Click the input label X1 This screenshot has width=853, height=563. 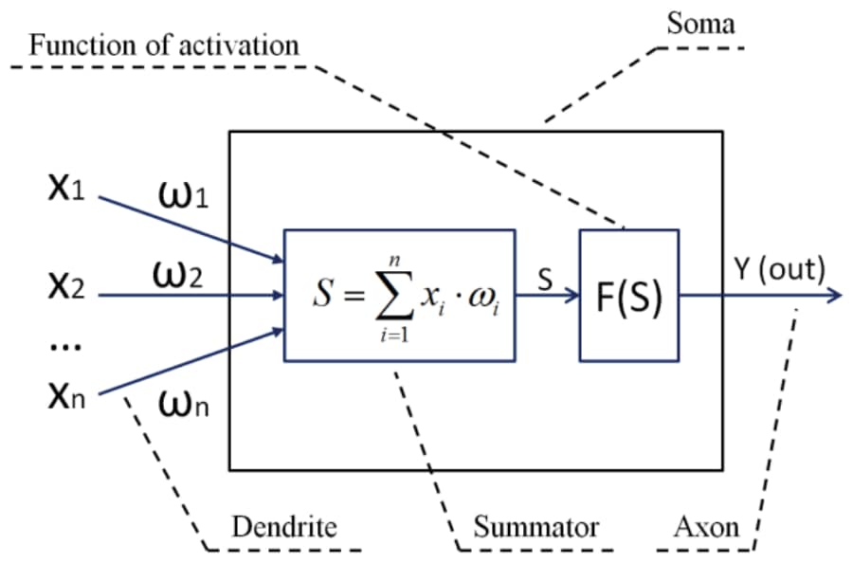pyautogui.click(x=65, y=189)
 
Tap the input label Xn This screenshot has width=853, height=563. pyautogui.click(x=65, y=397)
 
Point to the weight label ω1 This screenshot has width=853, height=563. pyautogui.click(x=179, y=200)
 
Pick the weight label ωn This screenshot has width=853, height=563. pyautogui.click(x=179, y=409)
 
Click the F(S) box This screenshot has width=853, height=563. pyautogui.click(x=629, y=296)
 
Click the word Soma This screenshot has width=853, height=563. pyautogui.click(x=700, y=24)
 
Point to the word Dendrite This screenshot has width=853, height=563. pyautogui.click(x=284, y=527)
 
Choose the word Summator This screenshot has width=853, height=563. pyautogui.click(x=536, y=527)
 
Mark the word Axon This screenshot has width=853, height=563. pyautogui.click(x=705, y=527)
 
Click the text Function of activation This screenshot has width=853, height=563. pyautogui.click(x=163, y=44)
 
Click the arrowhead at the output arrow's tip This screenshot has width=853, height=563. pyautogui.click(x=834, y=296)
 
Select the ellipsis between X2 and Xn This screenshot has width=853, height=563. pyautogui.click(x=64, y=346)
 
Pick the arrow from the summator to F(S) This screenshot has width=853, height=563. pyautogui.click(x=547, y=296)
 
